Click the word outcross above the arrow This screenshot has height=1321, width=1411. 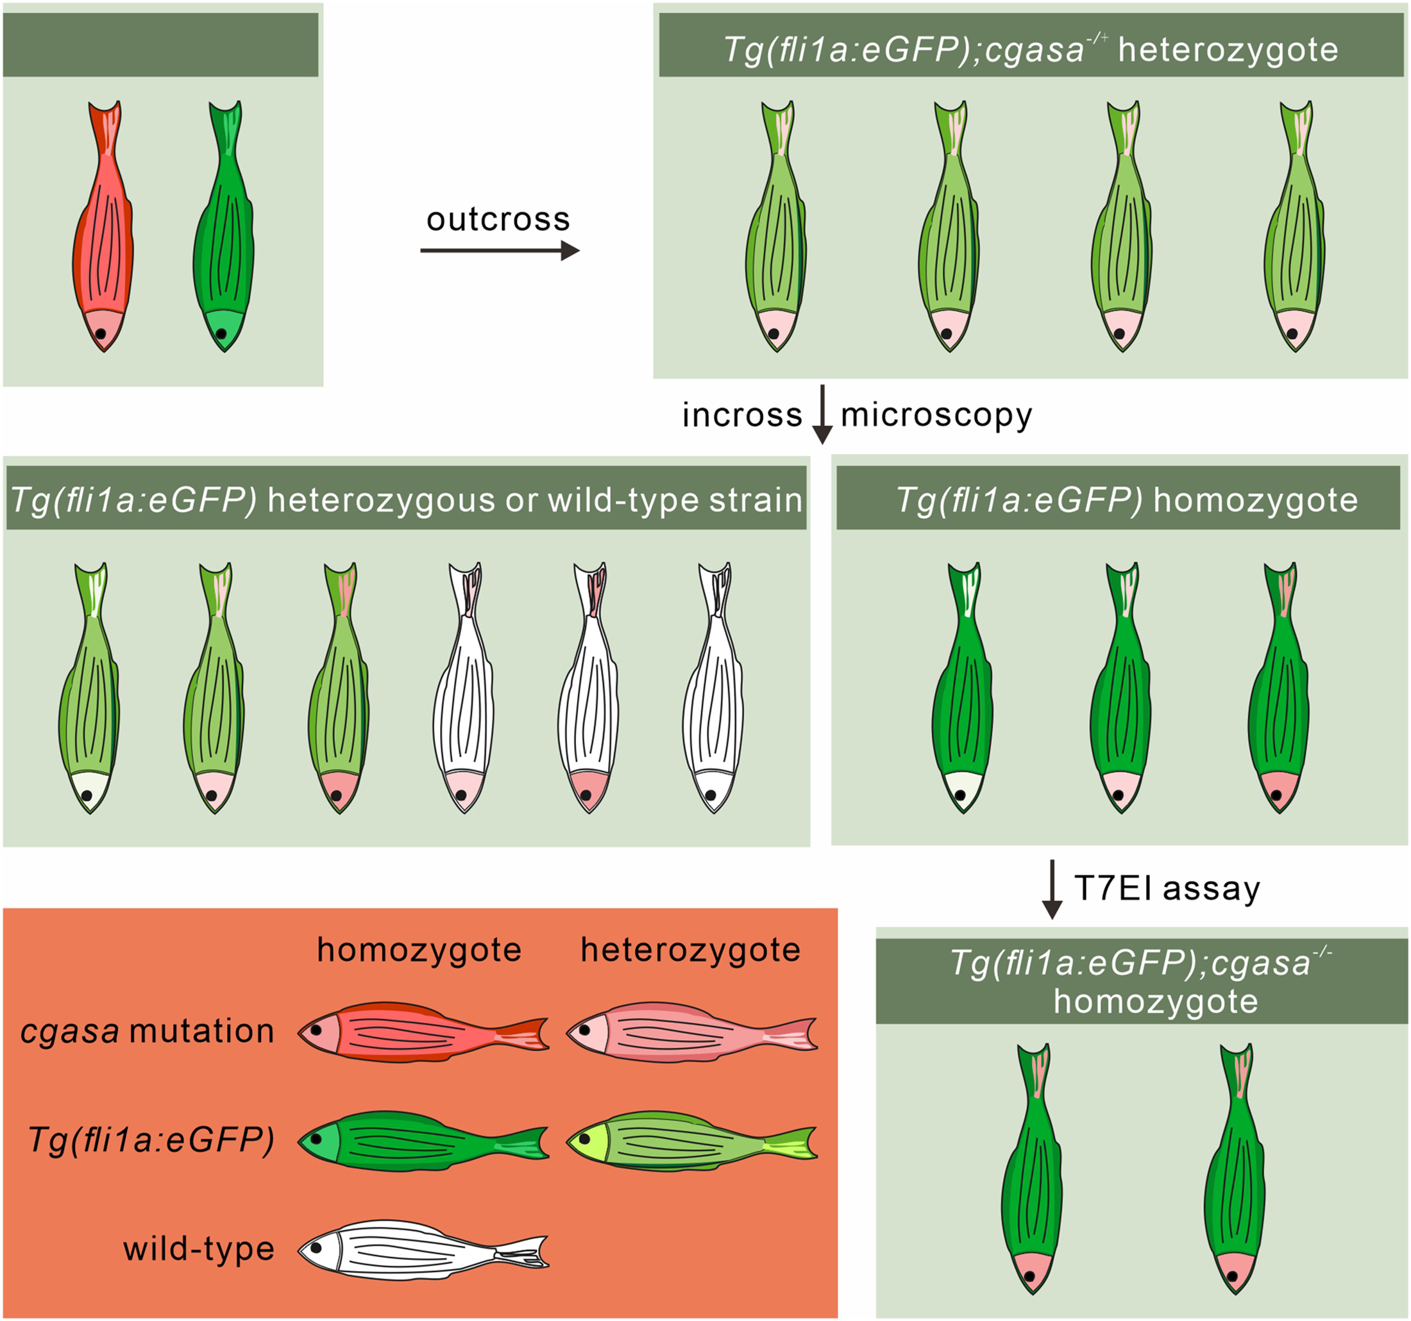pos(498,220)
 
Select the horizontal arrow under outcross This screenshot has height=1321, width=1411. pos(500,251)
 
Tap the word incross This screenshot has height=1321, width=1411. pos(741,416)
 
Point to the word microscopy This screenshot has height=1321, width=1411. pos(936,416)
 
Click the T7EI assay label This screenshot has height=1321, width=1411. pos(1167,888)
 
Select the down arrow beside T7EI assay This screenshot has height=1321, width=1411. pos(1052,889)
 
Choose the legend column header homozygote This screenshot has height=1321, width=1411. pos(419,950)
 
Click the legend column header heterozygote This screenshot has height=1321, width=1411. pos(690,950)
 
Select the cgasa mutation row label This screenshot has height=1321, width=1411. pos(147,1031)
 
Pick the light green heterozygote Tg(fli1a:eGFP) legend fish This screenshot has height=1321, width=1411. pos(692,1141)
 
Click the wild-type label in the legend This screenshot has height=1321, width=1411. pos(199,1249)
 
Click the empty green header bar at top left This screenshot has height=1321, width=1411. pos(160,45)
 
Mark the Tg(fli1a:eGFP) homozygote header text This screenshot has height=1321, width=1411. pos(1126,500)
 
